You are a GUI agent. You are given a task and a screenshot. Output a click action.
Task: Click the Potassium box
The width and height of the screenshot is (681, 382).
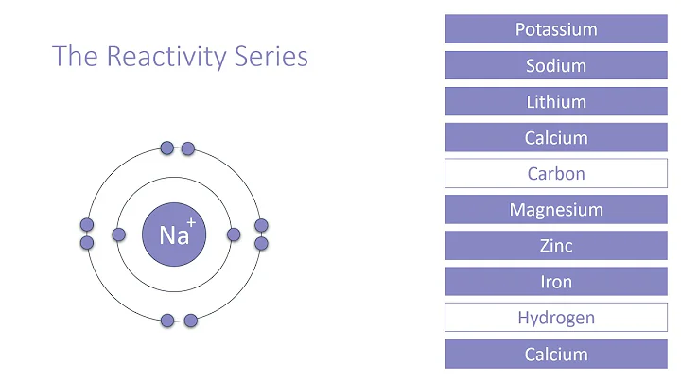pyautogui.click(x=556, y=29)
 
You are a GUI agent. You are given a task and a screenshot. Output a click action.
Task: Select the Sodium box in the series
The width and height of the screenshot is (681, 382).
pyautogui.click(x=556, y=65)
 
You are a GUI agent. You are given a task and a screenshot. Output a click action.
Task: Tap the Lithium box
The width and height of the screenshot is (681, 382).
pyautogui.click(x=556, y=101)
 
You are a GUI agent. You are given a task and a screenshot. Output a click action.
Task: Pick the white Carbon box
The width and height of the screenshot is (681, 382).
pyautogui.click(x=556, y=174)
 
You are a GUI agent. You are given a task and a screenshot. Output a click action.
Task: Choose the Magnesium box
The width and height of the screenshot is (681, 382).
pyautogui.click(x=556, y=210)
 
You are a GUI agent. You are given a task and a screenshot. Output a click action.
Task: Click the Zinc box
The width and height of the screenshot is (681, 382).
pyautogui.click(x=556, y=246)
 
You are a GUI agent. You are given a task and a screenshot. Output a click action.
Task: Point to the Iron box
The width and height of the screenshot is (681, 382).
pyautogui.click(x=556, y=282)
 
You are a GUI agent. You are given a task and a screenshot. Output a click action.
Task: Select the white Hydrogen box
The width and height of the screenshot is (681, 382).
pyautogui.click(x=556, y=318)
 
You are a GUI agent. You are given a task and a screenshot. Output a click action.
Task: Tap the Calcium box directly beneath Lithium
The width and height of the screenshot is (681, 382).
pyautogui.click(x=556, y=138)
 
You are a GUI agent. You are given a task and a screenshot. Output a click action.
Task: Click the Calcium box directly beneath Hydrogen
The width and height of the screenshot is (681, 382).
pyautogui.click(x=556, y=355)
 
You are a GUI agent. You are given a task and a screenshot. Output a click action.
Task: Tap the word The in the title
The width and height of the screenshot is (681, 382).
pyautogui.click(x=73, y=57)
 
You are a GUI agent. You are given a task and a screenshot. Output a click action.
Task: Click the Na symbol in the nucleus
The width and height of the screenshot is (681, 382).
pyautogui.click(x=171, y=235)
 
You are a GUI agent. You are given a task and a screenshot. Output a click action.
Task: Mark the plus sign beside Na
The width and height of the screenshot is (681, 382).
pyautogui.click(x=191, y=222)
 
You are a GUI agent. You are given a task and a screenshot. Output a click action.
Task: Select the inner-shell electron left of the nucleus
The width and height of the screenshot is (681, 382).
pyautogui.click(x=119, y=234)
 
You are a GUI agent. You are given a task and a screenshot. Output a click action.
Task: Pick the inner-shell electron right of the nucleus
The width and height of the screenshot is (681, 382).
pyautogui.click(x=233, y=234)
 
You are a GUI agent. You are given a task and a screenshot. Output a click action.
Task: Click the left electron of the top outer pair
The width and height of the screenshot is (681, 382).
pyautogui.click(x=167, y=148)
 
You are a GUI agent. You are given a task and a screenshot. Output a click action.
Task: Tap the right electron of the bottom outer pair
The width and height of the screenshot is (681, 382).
pyautogui.click(x=190, y=321)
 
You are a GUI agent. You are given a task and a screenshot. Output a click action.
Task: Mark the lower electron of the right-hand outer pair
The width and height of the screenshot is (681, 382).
pyautogui.click(x=262, y=243)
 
